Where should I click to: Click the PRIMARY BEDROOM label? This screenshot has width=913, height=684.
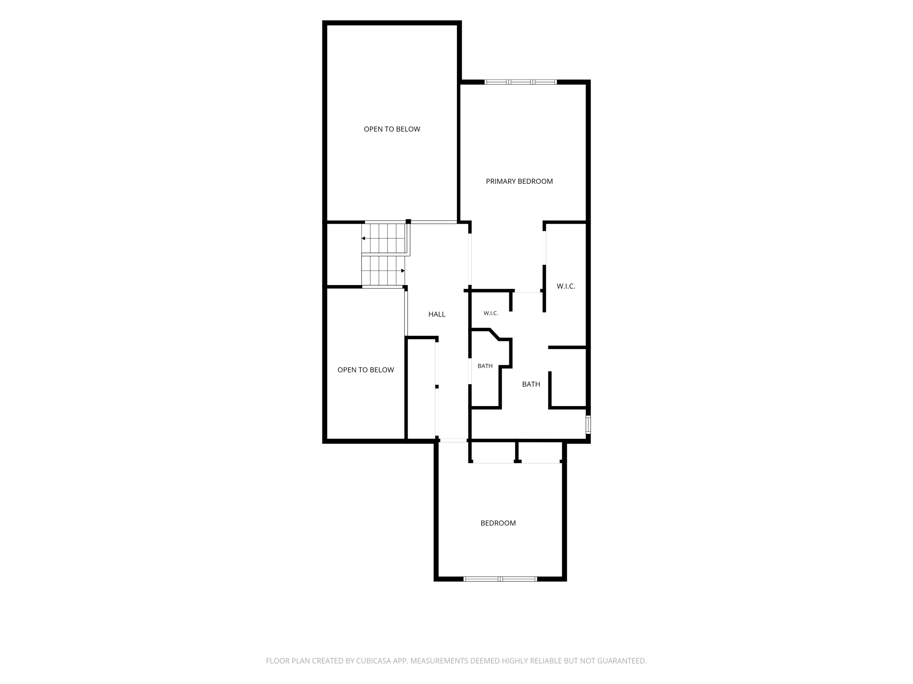click(x=519, y=181)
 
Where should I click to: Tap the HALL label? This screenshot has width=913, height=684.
click(x=437, y=314)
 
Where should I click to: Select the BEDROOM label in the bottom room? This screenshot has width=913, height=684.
click(x=498, y=523)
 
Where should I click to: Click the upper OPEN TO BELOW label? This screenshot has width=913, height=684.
click(x=392, y=129)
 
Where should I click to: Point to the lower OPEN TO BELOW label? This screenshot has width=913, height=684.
click(x=366, y=370)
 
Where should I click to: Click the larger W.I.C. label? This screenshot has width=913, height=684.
click(x=566, y=286)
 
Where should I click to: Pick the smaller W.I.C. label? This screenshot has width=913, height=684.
click(x=491, y=313)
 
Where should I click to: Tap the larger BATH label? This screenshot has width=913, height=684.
click(x=531, y=384)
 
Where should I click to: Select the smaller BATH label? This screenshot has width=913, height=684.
click(x=485, y=366)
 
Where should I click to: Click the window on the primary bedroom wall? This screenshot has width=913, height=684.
click(x=521, y=82)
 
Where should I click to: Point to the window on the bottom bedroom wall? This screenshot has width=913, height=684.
click(x=500, y=579)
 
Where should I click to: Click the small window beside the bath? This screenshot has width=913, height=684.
click(x=588, y=425)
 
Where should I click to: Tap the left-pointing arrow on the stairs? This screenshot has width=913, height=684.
click(x=383, y=239)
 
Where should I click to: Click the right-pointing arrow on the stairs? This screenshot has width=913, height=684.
click(x=383, y=271)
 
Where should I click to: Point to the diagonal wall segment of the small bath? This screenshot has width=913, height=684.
click(x=494, y=334)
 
